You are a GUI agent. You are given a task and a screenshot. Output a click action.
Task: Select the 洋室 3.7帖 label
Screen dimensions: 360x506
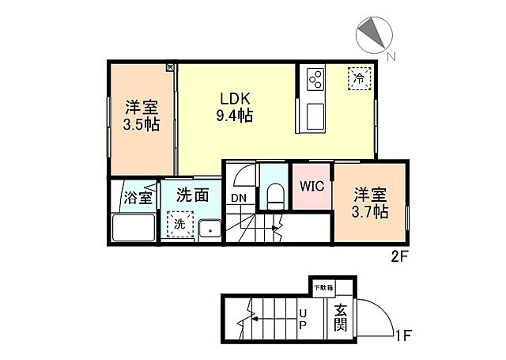click(370, 203)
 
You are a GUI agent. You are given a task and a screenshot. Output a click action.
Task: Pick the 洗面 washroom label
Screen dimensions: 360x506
click(192, 195)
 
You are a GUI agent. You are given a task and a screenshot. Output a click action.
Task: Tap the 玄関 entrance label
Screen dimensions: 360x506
click(341, 318)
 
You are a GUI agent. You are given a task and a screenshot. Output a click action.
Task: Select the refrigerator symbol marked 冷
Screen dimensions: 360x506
click(359, 78)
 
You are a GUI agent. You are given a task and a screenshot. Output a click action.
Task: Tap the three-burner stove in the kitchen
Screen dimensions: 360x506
click(315, 80)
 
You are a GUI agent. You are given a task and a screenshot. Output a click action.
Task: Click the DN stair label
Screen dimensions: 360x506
click(239, 198)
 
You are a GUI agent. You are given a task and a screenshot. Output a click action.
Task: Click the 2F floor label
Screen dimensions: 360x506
click(401, 256)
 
